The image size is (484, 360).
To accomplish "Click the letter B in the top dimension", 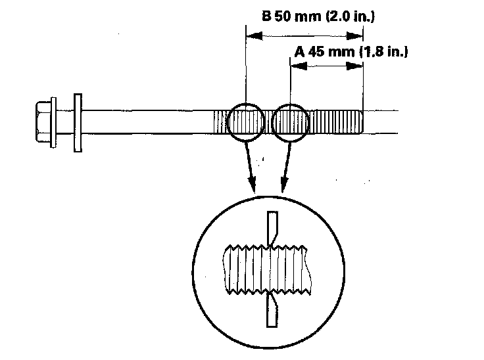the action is click(x=266, y=16).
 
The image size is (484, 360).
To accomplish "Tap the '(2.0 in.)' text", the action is click(x=349, y=16).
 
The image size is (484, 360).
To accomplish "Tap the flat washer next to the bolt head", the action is click(x=78, y=123).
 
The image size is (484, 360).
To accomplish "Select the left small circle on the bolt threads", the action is click(x=245, y=123).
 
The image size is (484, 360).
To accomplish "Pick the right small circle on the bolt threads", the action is click(x=291, y=123).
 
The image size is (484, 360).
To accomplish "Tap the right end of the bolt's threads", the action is click(x=361, y=123).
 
